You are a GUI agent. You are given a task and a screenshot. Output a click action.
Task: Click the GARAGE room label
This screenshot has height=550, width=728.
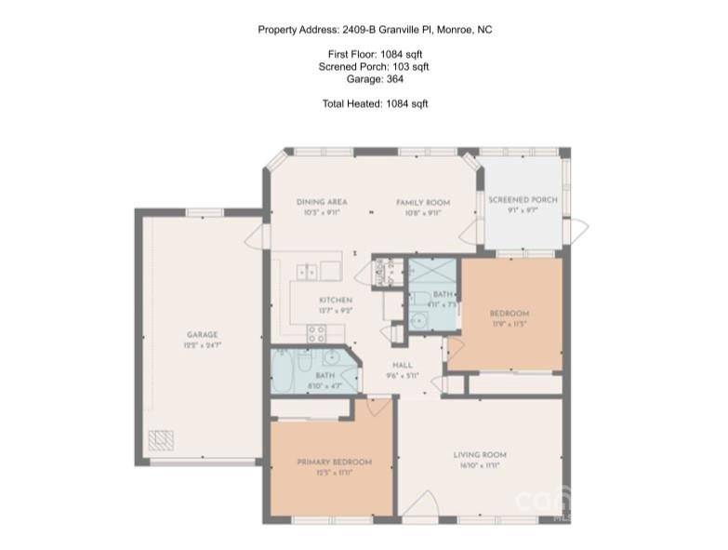(202, 334)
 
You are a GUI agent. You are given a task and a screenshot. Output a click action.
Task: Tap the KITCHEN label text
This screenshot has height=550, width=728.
(335, 300)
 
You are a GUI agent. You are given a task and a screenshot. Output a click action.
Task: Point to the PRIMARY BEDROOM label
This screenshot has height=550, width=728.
(334, 462)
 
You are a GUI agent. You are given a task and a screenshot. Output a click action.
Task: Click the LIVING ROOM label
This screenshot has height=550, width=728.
(480, 454)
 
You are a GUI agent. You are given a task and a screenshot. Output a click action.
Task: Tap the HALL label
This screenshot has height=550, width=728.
(403, 366)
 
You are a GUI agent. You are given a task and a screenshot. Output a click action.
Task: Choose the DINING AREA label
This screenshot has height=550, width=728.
(322, 202)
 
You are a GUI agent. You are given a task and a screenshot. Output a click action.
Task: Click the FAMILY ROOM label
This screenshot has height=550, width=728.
(422, 202)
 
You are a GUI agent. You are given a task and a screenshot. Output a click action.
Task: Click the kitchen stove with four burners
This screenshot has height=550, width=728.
(316, 336)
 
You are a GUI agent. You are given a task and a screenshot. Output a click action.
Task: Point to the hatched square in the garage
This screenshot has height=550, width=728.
(162, 439)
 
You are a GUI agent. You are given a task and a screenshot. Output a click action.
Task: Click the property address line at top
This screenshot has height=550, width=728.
(375, 30)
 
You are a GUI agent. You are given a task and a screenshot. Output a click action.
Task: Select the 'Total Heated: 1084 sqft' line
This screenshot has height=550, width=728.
(375, 103)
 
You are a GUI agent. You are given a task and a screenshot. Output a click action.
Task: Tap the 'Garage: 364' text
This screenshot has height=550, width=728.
(375, 79)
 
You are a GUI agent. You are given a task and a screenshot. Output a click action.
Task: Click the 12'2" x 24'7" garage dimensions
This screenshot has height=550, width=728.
(202, 344)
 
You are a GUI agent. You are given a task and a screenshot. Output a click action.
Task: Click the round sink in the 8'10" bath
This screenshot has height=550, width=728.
(331, 355)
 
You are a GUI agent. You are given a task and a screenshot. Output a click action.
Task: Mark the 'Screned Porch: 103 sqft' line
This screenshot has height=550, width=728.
(375, 67)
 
